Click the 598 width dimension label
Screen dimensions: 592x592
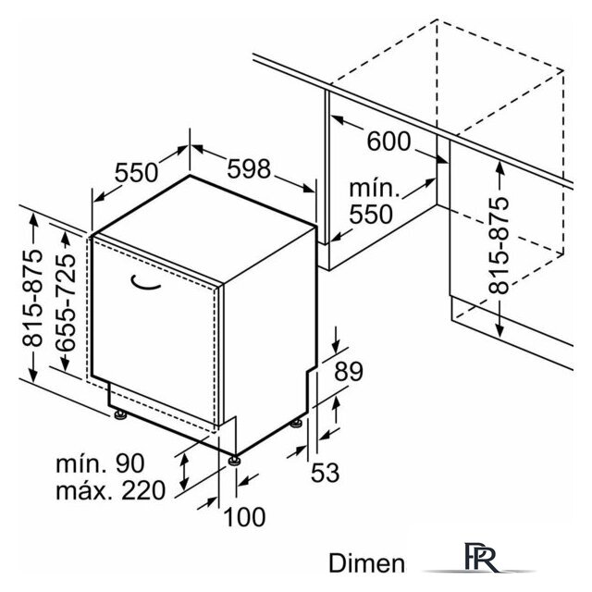click(249, 168)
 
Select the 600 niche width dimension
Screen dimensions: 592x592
click(388, 142)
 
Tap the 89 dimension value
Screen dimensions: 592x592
click(349, 371)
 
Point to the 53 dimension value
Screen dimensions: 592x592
click(325, 473)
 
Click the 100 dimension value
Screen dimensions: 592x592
click(244, 517)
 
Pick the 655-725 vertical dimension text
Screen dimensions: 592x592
click(66, 302)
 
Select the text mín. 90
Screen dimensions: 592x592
click(100, 463)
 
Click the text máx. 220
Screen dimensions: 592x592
click(111, 490)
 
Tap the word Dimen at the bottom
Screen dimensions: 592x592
click(366, 563)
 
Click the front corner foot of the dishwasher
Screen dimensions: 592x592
click(234, 461)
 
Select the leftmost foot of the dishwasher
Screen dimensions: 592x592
click(120, 415)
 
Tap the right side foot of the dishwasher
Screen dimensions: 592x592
click(296, 424)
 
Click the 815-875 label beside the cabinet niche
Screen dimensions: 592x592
click(499, 246)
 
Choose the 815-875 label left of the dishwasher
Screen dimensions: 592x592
click(32, 297)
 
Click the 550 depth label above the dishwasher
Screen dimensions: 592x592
click(136, 173)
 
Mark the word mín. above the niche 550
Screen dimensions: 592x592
click(374, 188)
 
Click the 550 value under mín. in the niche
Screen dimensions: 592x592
click(371, 215)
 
